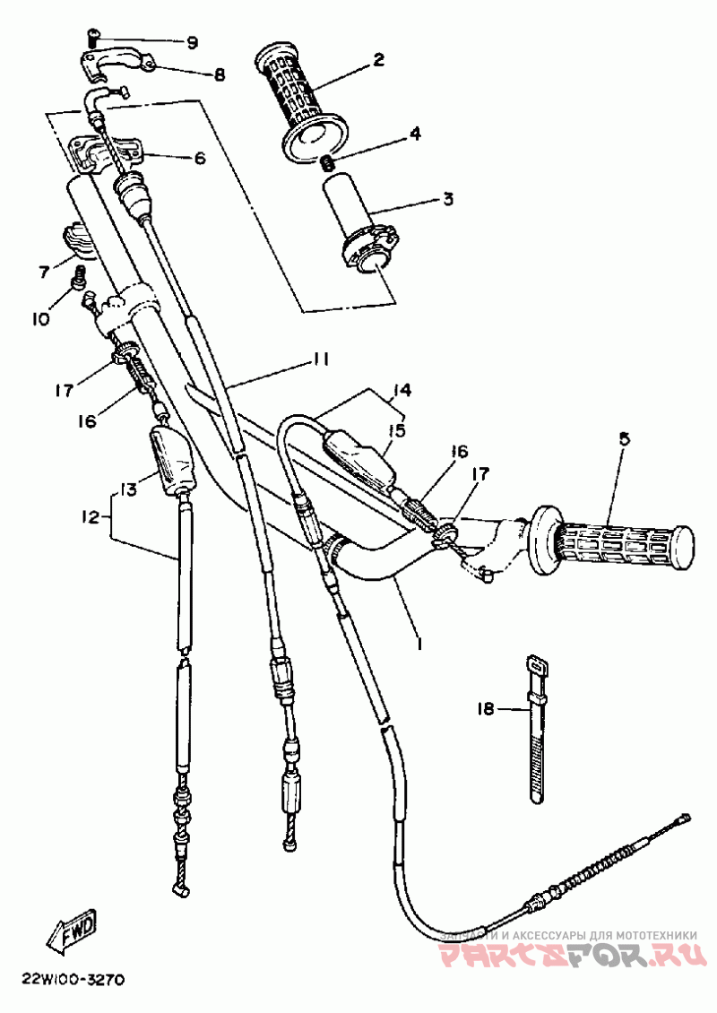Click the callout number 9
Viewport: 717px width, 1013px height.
coord(192,42)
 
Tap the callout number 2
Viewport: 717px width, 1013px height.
coord(379,61)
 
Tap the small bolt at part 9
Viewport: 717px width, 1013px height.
coord(93,36)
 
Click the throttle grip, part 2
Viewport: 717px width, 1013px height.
coord(301,103)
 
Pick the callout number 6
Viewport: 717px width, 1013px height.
coord(199,159)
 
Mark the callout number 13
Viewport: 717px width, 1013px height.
coord(127,488)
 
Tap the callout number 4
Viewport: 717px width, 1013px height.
coord(415,134)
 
